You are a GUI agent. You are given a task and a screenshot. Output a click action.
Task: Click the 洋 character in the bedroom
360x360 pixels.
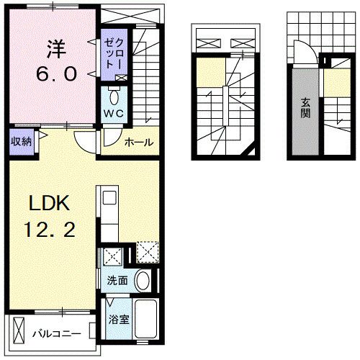56,49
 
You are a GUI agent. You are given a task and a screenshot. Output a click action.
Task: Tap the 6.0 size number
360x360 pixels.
56,73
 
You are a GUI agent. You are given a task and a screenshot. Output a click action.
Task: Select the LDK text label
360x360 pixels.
50,203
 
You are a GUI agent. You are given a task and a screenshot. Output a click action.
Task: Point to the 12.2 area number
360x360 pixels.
50,230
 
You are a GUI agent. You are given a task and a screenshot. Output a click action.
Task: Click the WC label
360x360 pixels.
114,113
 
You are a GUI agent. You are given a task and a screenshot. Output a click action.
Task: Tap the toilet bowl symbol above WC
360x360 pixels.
114,96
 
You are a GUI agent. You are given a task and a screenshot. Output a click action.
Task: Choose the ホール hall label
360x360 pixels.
139,143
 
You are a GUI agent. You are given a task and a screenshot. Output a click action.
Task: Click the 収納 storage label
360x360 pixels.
21,142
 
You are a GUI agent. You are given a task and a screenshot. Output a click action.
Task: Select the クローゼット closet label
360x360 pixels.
114,53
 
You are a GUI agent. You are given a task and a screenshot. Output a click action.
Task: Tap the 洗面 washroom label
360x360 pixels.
117,281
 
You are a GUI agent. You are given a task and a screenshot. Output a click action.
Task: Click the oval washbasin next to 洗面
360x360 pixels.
143,280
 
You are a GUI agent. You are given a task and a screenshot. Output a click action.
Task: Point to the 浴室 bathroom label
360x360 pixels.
119,320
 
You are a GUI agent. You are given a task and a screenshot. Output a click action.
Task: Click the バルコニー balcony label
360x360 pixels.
57,334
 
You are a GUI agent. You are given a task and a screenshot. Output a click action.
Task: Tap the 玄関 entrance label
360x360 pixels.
305,108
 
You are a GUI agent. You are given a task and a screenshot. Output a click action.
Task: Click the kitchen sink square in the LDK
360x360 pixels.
109,198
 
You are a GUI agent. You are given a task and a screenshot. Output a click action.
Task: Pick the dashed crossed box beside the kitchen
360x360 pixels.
148,252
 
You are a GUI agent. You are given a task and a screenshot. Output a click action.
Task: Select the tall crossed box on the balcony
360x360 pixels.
19,330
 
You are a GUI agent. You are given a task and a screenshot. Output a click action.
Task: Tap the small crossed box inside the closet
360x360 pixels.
121,78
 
